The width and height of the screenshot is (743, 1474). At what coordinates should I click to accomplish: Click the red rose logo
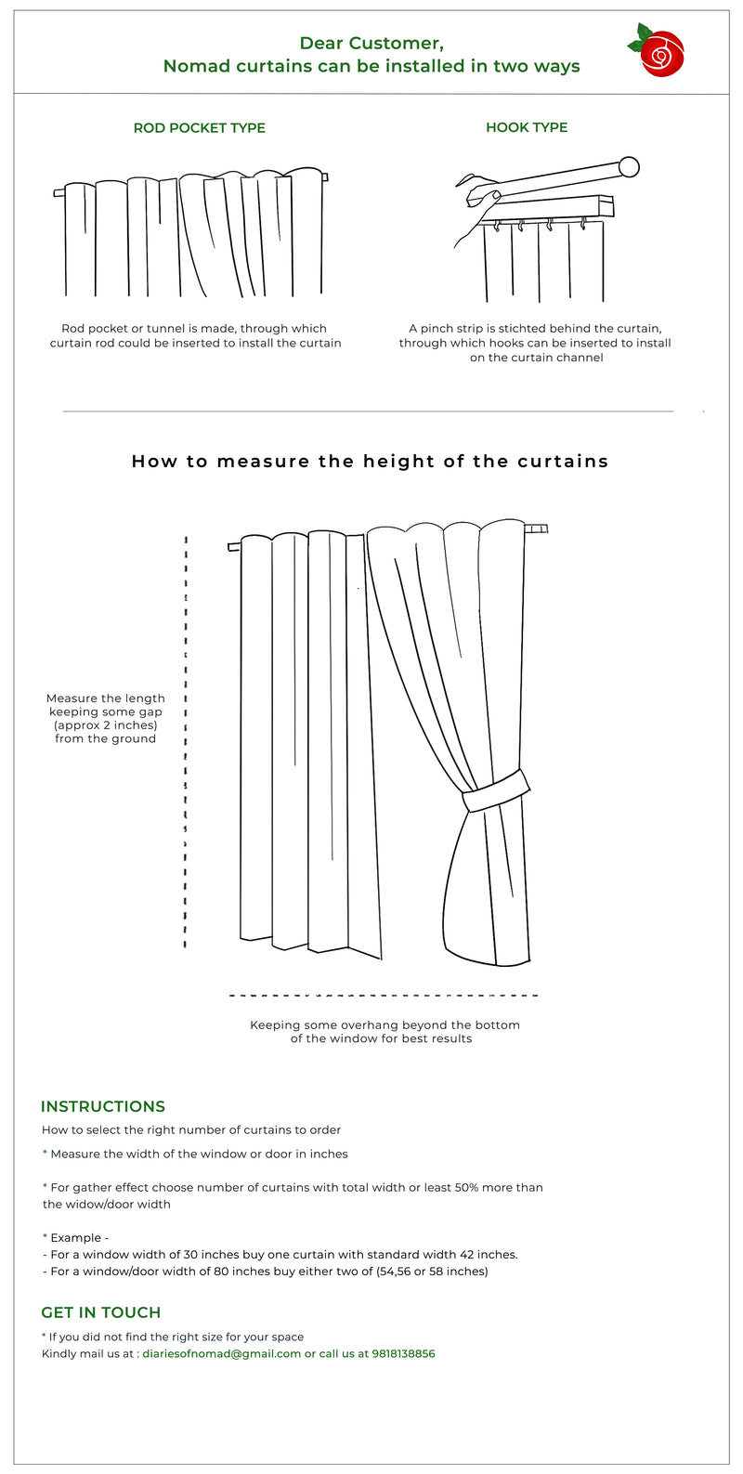(x=660, y=51)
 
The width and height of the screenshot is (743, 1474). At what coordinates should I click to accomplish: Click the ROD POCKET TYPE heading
(x=199, y=128)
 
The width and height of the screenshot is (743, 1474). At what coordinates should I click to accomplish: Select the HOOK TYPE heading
(x=527, y=127)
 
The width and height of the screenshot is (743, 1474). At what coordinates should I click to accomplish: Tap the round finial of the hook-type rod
(x=629, y=167)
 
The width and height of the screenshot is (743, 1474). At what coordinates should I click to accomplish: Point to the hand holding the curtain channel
(x=478, y=195)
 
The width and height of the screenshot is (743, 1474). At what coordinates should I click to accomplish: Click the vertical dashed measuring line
(x=186, y=743)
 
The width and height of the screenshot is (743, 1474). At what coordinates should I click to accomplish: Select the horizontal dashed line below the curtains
(x=383, y=996)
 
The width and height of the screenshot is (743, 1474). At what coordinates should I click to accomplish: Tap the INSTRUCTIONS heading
(x=103, y=1106)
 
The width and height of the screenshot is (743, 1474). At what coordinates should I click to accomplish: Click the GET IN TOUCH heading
(x=101, y=1312)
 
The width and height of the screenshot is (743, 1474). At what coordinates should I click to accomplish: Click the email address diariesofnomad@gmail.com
(x=221, y=1353)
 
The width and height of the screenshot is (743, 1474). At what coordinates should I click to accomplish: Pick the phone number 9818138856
(x=403, y=1353)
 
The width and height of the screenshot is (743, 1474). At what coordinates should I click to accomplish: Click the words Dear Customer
(x=371, y=43)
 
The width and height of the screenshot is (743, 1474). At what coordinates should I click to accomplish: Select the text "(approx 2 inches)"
(x=105, y=725)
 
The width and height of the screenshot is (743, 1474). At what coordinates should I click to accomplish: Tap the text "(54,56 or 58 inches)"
(x=432, y=1271)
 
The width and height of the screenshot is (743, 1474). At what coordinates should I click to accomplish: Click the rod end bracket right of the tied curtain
(x=537, y=529)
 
